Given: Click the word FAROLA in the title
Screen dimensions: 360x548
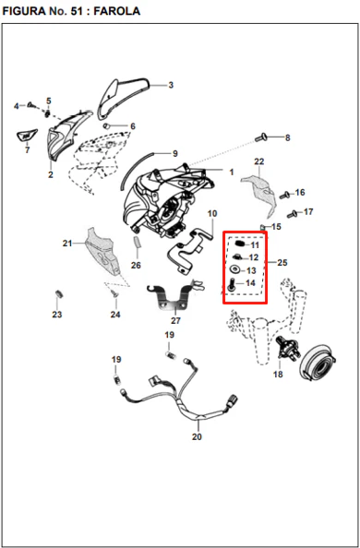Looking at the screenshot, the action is (x=117, y=11).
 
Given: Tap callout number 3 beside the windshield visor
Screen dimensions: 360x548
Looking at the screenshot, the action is (x=171, y=85).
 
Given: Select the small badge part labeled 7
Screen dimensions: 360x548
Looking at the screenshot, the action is (x=27, y=136).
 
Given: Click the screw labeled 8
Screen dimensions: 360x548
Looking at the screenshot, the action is (x=261, y=137).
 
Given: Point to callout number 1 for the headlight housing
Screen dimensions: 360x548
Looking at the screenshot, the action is (x=232, y=173).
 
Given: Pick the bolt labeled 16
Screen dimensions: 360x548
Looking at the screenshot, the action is (x=285, y=195).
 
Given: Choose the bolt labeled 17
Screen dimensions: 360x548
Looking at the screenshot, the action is (x=293, y=214).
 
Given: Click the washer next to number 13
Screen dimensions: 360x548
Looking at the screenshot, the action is (x=234, y=269).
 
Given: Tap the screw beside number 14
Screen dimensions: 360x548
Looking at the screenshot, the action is (x=231, y=284).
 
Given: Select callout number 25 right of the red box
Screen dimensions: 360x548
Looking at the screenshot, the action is (x=282, y=262).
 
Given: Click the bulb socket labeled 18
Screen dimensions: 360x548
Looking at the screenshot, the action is (x=286, y=348).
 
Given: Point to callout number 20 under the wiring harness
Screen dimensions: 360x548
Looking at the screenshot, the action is (x=197, y=436).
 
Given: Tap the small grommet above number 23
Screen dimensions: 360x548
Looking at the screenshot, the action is (x=58, y=294).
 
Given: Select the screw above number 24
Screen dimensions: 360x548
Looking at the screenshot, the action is (x=114, y=293).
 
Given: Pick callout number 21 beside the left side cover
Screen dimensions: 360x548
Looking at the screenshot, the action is (x=67, y=244).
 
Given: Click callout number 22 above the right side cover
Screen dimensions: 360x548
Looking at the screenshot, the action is (x=259, y=161).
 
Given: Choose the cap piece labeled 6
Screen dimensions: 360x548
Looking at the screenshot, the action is (x=107, y=125).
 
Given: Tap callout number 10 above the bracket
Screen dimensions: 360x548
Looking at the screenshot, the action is (x=212, y=213).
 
